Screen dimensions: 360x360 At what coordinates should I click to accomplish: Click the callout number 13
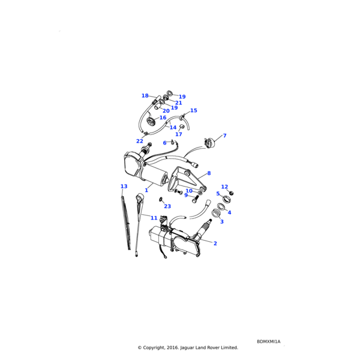(124, 186)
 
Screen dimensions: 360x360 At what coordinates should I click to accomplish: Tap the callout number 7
(225, 136)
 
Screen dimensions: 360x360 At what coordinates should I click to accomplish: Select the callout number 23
(167, 206)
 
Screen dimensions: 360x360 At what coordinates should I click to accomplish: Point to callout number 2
(215, 243)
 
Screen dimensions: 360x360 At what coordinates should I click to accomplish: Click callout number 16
(163, 118)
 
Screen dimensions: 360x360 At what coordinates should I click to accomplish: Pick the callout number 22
(140, 141)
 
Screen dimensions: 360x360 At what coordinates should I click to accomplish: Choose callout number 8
(209, 173)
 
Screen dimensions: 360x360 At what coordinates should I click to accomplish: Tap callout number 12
(224, 187)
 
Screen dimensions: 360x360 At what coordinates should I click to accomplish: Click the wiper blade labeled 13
(126, 223)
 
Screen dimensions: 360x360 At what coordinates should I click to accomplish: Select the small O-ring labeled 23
(160, 199)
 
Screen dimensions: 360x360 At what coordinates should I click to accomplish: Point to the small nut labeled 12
(232, 193)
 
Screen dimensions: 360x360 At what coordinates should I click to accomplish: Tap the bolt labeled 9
(195, 199)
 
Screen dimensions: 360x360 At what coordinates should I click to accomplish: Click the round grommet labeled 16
(151, 121)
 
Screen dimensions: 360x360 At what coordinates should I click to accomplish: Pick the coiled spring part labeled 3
(215, 213)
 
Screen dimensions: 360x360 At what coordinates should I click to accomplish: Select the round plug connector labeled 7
(210, 143)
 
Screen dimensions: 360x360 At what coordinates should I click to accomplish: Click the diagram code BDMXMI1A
(268, 341)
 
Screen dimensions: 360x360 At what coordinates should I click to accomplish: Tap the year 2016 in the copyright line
(173, 347)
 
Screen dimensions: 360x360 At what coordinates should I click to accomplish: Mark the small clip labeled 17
(181, 127)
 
